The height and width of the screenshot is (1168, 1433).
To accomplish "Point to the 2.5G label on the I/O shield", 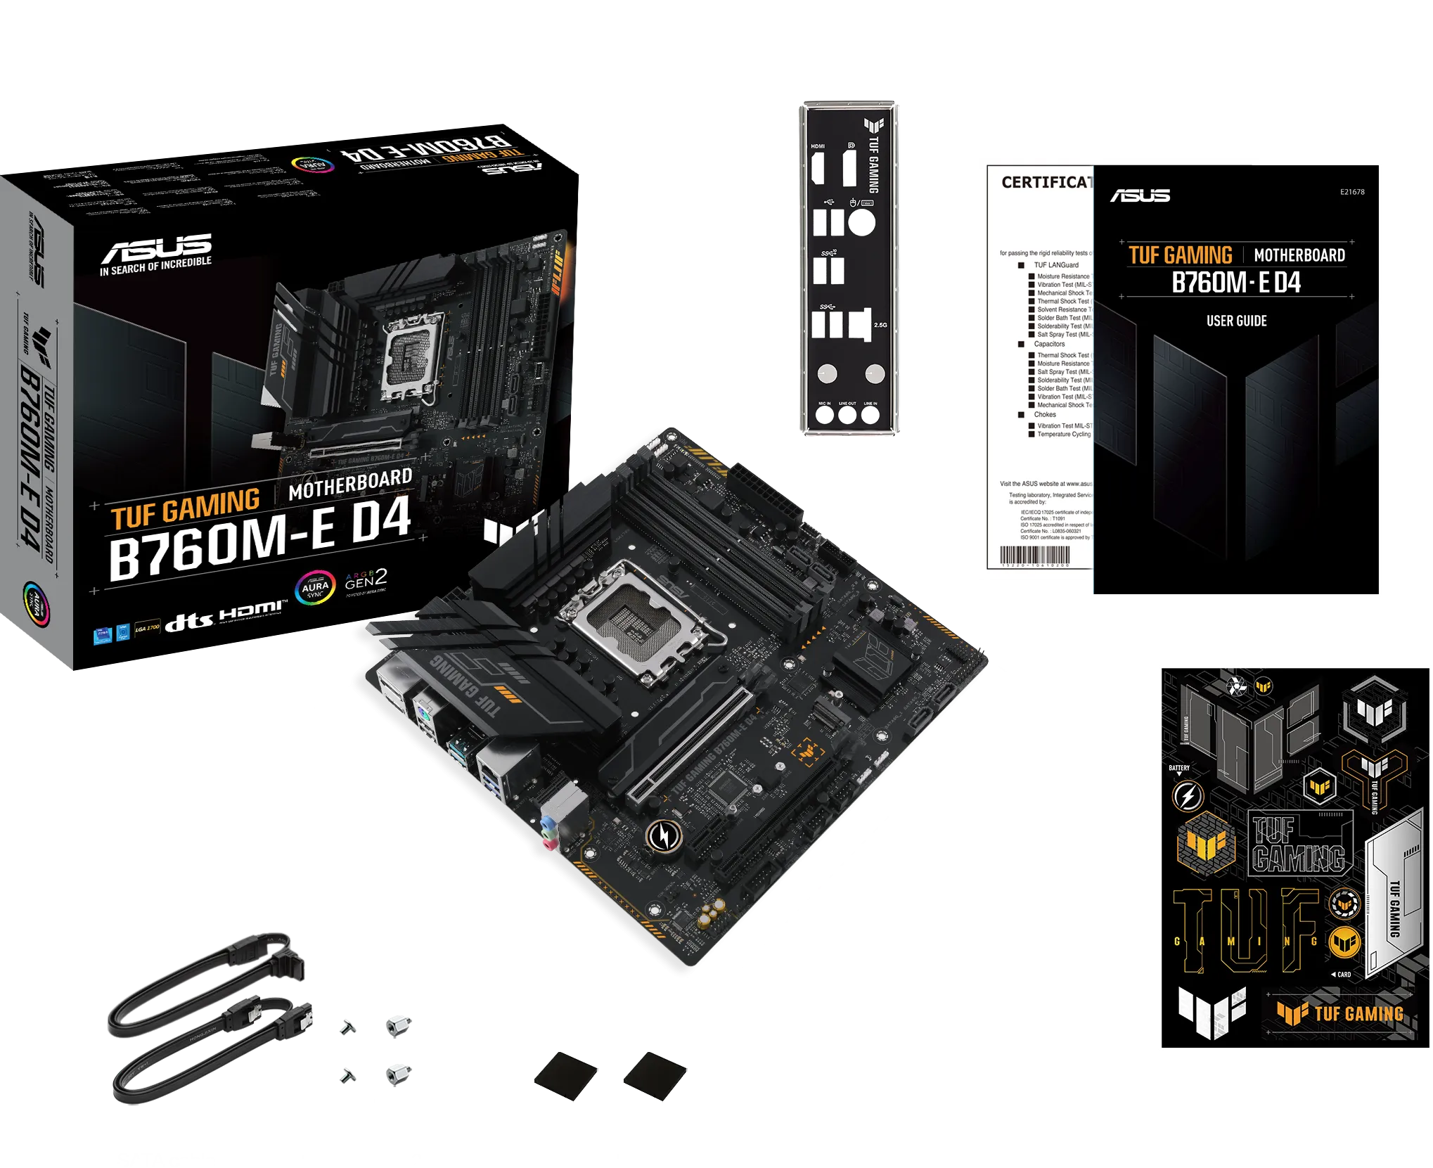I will (880, 325).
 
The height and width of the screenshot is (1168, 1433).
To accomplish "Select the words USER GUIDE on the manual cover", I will (1236, 321).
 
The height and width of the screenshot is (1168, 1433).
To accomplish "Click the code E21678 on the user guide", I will (1351, 192).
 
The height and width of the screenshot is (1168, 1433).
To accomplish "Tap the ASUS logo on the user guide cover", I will (1140, 195).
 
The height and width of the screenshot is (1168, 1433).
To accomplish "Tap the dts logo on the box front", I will (188, 621).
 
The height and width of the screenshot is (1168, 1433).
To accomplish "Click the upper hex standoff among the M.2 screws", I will (397, 1026).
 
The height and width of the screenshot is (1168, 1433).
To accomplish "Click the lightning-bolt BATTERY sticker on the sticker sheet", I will (1188, 796).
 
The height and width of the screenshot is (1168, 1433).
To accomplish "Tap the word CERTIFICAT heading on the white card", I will (1046, 183).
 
